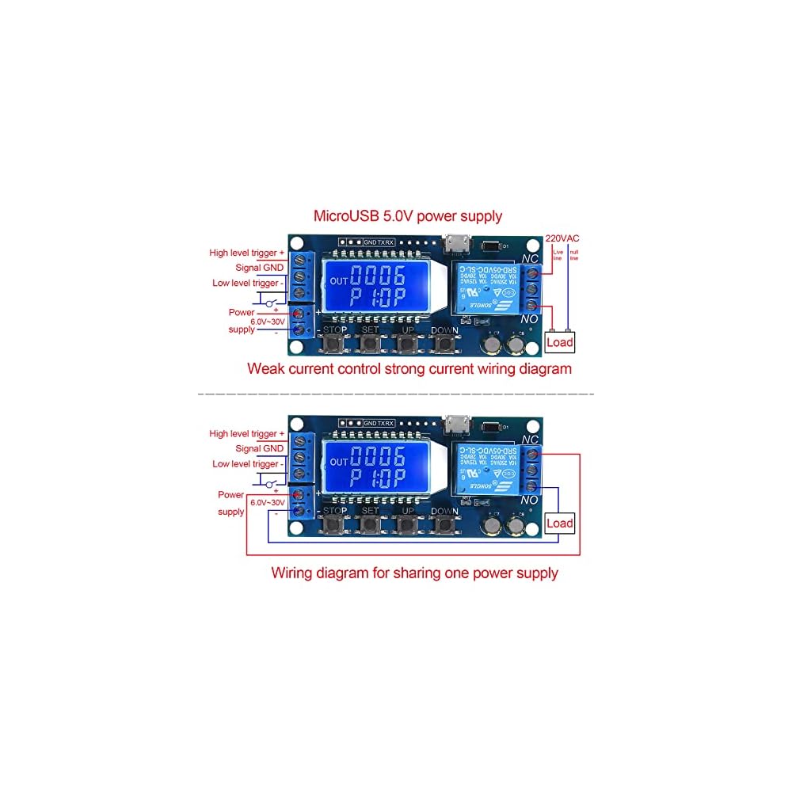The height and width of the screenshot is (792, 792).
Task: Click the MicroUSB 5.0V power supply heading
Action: point(408,215)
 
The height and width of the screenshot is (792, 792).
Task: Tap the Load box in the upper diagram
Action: point(559,342)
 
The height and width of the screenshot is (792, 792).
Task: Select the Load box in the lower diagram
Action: point(559,523)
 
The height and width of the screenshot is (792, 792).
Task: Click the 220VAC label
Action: point(563,238)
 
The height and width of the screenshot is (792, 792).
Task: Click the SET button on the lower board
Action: point(370,524)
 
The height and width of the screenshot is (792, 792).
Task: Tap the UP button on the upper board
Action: point(406,344)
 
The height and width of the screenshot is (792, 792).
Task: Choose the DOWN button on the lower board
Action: point(445,524)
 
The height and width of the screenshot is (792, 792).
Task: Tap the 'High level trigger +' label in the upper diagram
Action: point(243,253)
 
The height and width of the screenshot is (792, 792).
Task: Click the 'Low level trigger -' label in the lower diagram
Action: point(246,463)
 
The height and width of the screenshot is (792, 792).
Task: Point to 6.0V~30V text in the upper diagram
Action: point(268,322)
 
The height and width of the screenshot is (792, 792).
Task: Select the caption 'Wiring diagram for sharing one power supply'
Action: point(414,573)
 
